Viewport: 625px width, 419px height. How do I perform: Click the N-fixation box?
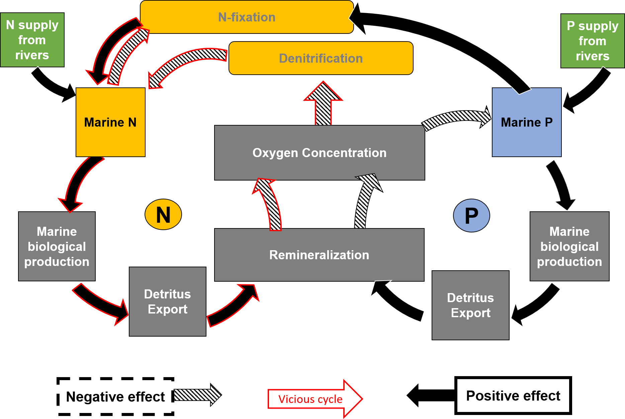click(x=247, y=17)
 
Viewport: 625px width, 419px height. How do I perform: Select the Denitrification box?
click(x=321, y=58)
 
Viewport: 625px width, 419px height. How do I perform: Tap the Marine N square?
click(x=110, y=122)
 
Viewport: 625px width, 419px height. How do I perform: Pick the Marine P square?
click(x=526, y=122)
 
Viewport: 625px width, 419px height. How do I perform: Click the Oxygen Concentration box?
click(x=319, y=153)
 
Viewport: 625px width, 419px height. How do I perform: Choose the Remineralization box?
click(x=319, y=255)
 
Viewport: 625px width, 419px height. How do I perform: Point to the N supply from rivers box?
click(x=32, y=40)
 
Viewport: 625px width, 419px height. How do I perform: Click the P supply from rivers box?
click(x=592, y=41)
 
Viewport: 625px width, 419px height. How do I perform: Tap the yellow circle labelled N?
click(x=163, y=215)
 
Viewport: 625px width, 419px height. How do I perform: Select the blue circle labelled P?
click(x=471, y=216)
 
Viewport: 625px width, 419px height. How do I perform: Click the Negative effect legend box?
click(x=115, y=397)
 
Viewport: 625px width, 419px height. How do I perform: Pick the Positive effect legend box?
click(x=513, y=396)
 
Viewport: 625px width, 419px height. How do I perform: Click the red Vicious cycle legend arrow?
click(x=315, y=399)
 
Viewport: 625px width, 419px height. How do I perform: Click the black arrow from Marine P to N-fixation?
click(x=445, y=37)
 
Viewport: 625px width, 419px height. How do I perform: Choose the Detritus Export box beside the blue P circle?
click(x=470, y=305)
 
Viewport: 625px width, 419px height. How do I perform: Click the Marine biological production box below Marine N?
click(x=57, y=246)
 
